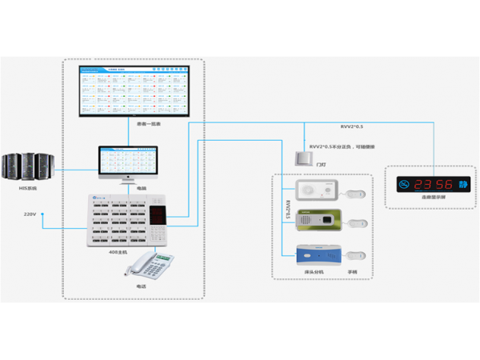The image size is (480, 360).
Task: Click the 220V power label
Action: (x=31, y=214)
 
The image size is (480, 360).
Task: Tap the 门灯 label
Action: (x=321, y=164)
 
